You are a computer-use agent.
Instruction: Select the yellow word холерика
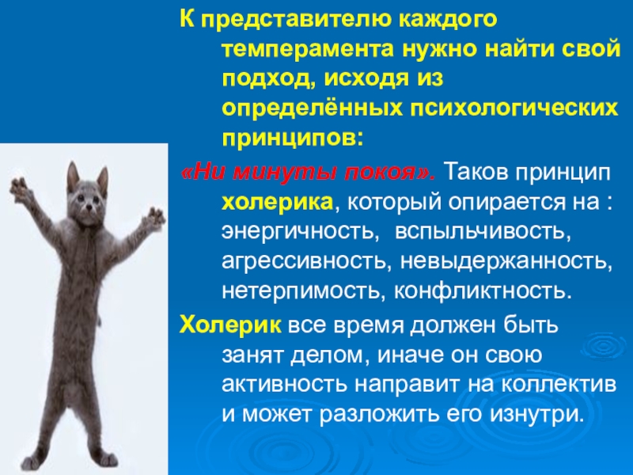[x=277, y=202]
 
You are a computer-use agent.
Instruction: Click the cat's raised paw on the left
[x=19, y=187]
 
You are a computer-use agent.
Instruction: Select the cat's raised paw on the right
[x=157, y=215]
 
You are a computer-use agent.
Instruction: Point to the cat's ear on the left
[x=73, y=172]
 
